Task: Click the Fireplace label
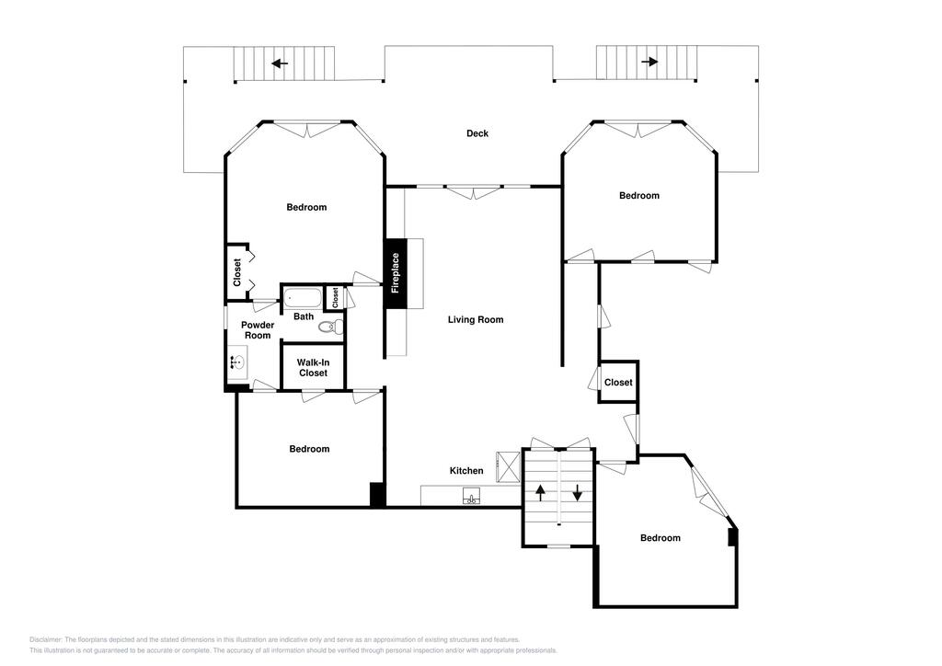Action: tap(396, 273)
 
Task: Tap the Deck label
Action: tap(477, 133)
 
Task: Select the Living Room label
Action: tap(476, 319)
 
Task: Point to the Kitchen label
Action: tap(466, 471)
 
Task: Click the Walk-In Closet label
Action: tap(313, 368)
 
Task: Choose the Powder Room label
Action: tap(258, 330)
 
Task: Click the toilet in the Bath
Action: tap(330, 327)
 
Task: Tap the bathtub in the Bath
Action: tap(303, 298)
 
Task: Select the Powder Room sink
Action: tap(236, 362)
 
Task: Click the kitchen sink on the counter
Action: tap(472, 497)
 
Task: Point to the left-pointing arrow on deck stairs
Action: tap(280, 63)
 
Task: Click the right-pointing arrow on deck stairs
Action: tap(649, 62)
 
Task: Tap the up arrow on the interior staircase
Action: tap(540, 493)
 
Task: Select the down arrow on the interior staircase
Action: tap(578, 493)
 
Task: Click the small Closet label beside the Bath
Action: tap(335, 297)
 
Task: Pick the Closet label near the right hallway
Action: tap(618, 383)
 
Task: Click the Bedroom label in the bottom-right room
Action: tap(661, 538)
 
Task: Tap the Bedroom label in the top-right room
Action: tap(639, 196)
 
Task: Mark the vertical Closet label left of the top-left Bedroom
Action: tap(237, 272)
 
